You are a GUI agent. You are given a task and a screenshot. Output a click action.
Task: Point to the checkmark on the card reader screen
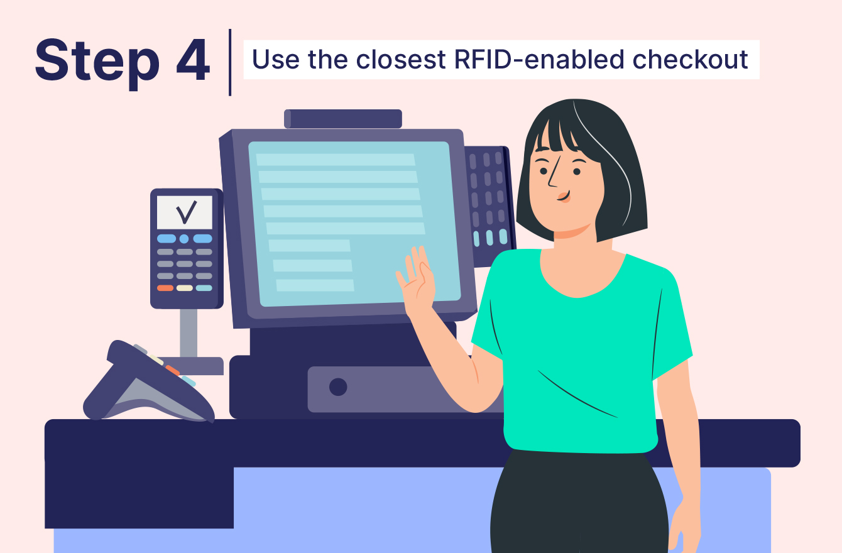tap(186, 212)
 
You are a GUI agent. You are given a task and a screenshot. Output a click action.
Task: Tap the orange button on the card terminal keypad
tap(165, 288)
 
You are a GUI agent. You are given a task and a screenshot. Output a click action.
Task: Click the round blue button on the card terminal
tap(184, 239)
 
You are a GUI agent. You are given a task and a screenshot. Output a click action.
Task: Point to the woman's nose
tap(552, 178)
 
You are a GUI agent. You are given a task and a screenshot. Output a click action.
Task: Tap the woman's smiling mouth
tap(562, 196)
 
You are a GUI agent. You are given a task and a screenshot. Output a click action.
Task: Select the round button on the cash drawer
tap(338, 387)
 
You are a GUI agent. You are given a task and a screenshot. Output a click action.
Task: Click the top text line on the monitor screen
tap(336, 160)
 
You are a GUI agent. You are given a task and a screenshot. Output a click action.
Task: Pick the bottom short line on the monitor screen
tap(315, 285)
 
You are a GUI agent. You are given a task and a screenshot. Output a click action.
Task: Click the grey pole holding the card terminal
tap(188, 333)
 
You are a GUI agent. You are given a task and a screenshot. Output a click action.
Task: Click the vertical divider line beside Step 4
tap(230, 62)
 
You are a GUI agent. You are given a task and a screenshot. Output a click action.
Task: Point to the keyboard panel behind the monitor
tap(489, 201)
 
